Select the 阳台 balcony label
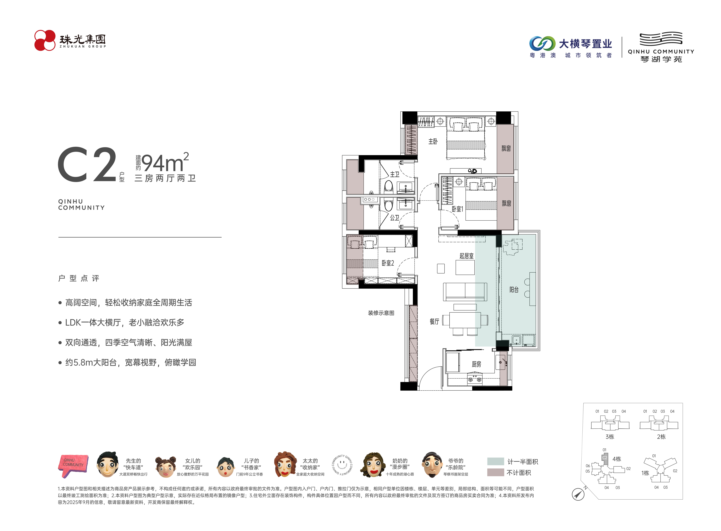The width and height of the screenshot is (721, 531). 514,290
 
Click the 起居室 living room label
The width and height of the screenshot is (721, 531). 466,256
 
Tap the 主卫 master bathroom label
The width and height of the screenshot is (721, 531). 395,174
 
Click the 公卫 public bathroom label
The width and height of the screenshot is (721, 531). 395,218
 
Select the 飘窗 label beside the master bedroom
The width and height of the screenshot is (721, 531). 506,148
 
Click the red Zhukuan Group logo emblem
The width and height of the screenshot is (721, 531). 45,40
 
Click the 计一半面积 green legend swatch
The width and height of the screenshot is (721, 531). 495,461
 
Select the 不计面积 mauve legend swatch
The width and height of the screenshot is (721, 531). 495,472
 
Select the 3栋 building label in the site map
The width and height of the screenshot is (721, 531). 610,436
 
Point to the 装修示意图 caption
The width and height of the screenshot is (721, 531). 381,313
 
